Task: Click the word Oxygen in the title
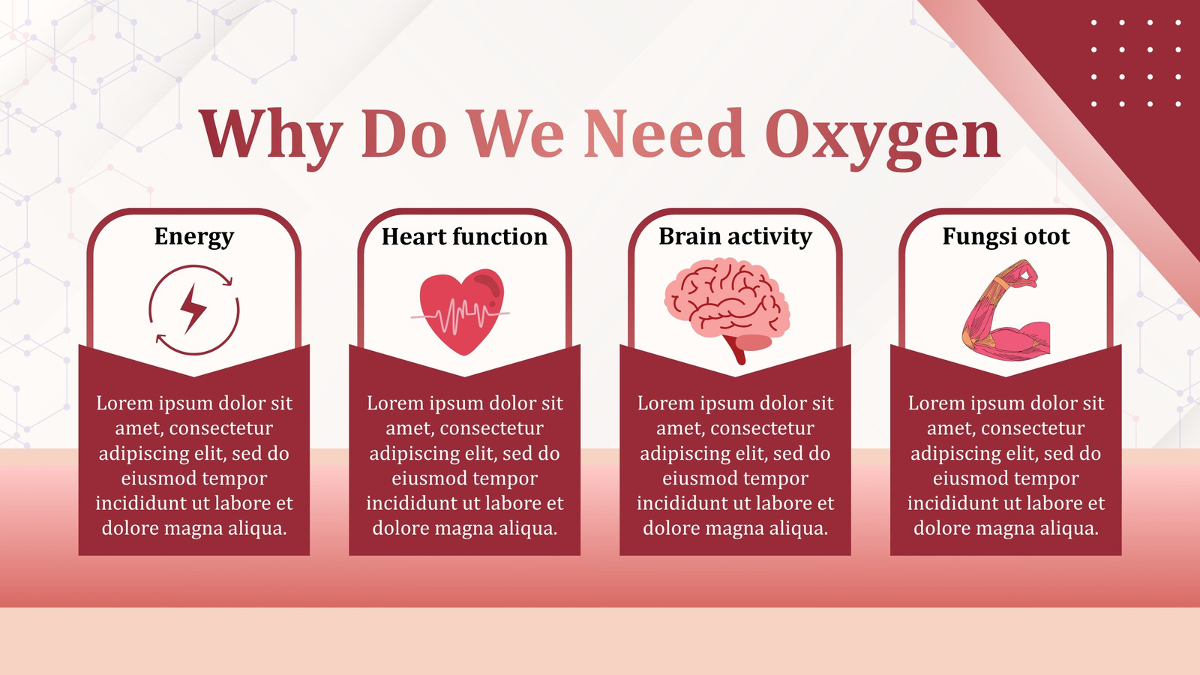pos(882,138)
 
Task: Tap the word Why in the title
pos(271,138)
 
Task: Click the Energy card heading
pos(194,237)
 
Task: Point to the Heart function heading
pos(464,236)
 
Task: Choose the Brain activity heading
pos(735,237)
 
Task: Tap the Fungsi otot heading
pos(1006,237)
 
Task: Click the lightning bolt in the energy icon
pos(193,309)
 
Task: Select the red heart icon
pos(461,311)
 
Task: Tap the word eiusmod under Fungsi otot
pos(967,478)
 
